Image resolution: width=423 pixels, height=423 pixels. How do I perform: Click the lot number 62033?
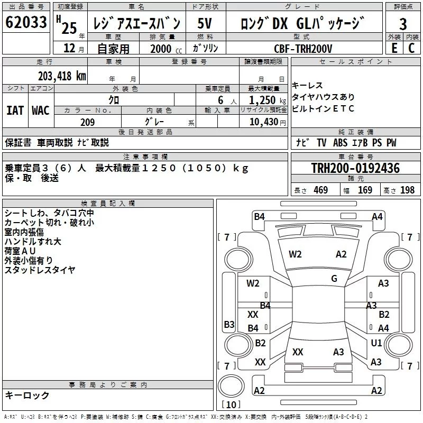click(x=26, y=23)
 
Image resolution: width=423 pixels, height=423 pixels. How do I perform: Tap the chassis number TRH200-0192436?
click(x=355, y=168)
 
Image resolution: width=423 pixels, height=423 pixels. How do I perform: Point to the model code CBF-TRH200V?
click(x=303, y=48)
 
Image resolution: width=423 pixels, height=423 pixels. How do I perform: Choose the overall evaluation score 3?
click(x=403, y=24)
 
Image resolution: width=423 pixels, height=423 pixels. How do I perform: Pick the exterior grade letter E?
click(x=394, y=48)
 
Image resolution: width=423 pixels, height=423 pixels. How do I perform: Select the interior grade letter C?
click(x=412, y=48)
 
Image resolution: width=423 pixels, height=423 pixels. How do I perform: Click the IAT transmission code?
click(x=15, y=110)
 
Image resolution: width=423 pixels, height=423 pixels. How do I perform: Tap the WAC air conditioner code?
click(x=40, y=110)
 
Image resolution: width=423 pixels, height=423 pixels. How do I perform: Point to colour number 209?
click(x=87, y=123)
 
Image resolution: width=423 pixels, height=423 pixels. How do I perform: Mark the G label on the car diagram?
click(x=334, y=279)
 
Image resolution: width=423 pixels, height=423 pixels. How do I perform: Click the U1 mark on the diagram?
click(x=376, y=343)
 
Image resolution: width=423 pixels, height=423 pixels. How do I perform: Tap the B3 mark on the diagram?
click(x=229, y=324)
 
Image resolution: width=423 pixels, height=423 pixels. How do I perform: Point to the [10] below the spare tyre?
click(x=231, y=405)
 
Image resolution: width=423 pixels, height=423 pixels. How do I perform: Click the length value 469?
click(x=320, y=190)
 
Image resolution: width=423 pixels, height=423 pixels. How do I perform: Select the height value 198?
click(x=407, y=190)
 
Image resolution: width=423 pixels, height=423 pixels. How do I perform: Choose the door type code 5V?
click(x=205, y=24)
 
